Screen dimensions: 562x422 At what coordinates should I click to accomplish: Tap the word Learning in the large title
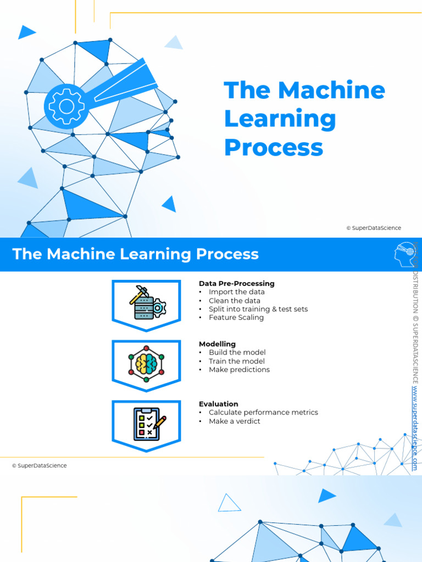click(280, 119)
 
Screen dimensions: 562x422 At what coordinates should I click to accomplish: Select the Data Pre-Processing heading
click(236, 284)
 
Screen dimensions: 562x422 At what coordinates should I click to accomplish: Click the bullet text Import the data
click(236, 292)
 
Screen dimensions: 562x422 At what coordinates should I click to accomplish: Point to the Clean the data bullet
click(234, 301)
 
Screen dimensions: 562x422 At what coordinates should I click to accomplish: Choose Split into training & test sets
click(258, 309)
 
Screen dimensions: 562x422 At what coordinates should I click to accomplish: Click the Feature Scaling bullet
click(236, 317)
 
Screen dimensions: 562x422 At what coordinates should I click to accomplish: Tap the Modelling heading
click(217, 344)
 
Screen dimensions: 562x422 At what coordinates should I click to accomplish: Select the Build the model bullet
click(237, 352)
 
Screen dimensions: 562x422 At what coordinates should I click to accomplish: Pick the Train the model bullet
click(236, 361)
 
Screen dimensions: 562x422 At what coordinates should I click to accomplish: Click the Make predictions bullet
click(239, 369)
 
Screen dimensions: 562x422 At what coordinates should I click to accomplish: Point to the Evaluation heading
click(218, 404)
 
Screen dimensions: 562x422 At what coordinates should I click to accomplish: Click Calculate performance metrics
click(263, 412)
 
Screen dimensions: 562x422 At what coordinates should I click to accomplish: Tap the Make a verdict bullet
click(234, 421)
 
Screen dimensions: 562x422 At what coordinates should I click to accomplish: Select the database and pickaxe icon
click(146, 302)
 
